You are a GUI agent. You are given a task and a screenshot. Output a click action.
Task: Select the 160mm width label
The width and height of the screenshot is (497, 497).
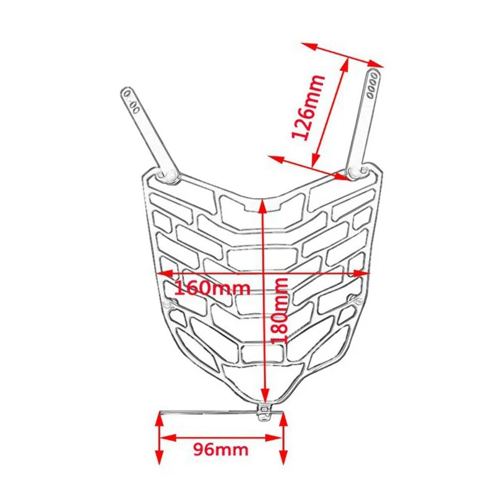click(x=212, y=288)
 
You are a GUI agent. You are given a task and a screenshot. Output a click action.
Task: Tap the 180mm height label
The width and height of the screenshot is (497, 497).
click(x=281, y=311)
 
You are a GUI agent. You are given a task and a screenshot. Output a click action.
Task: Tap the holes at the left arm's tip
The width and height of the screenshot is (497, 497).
click(x=131, y=99)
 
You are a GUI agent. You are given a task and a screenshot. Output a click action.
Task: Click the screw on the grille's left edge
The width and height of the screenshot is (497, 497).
click(x=167, y=304)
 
